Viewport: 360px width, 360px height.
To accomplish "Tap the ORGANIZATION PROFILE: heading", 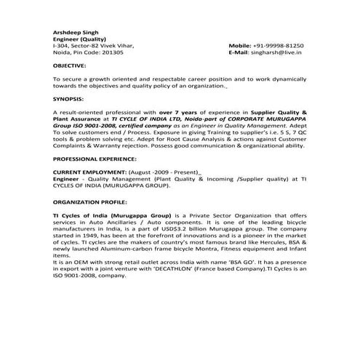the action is [x=89, y=203].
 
